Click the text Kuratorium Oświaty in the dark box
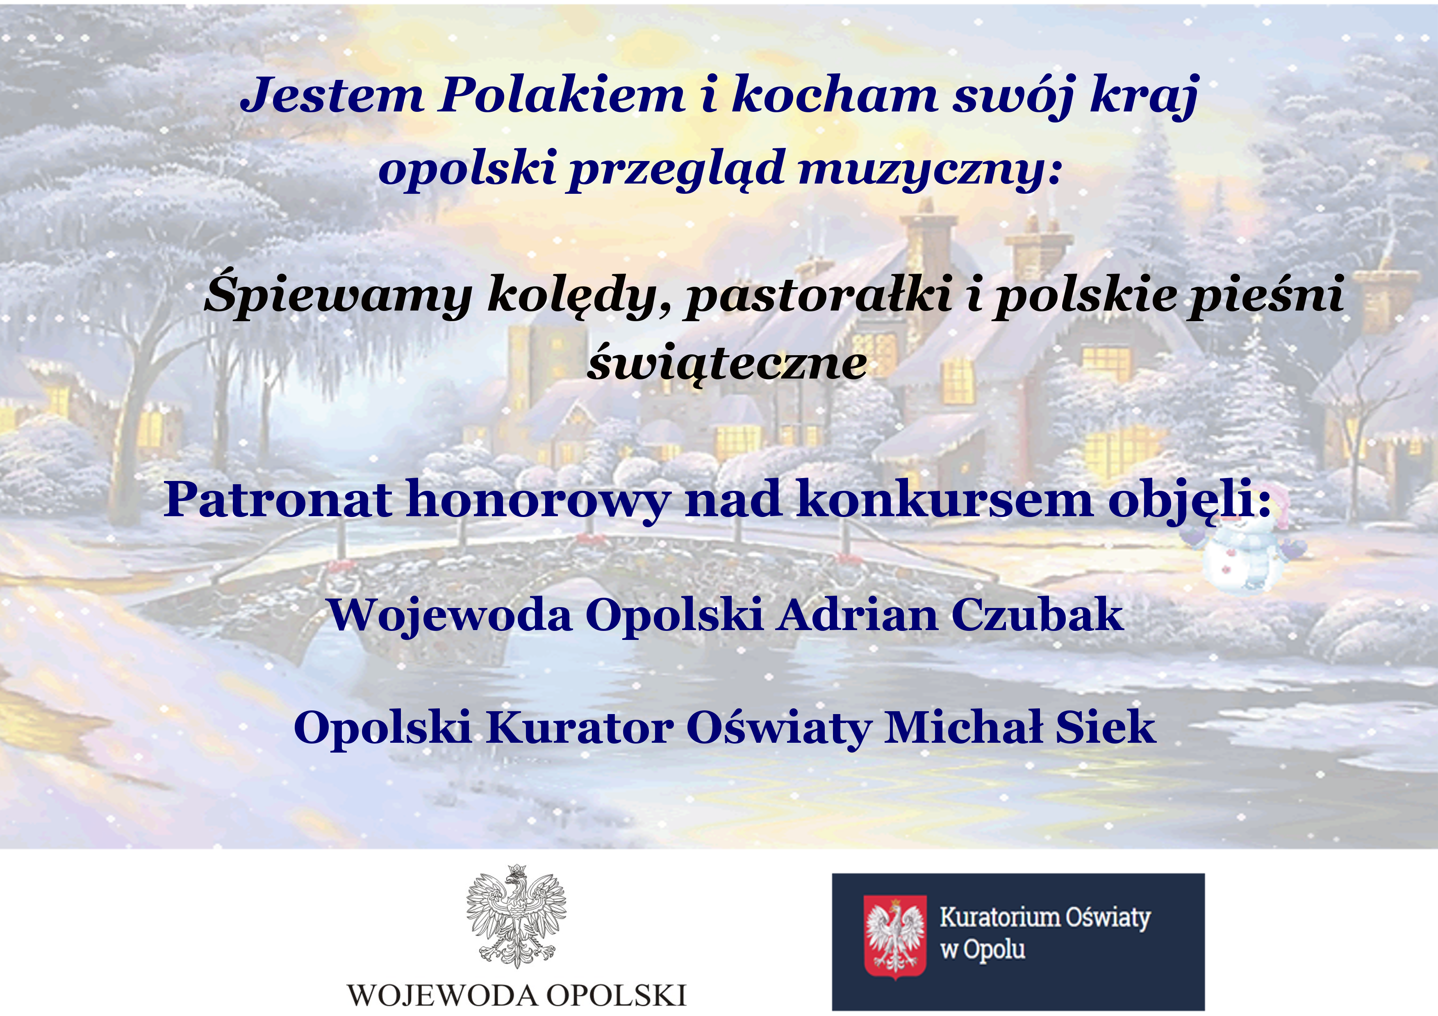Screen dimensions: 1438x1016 click(x=1044, y=918)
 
